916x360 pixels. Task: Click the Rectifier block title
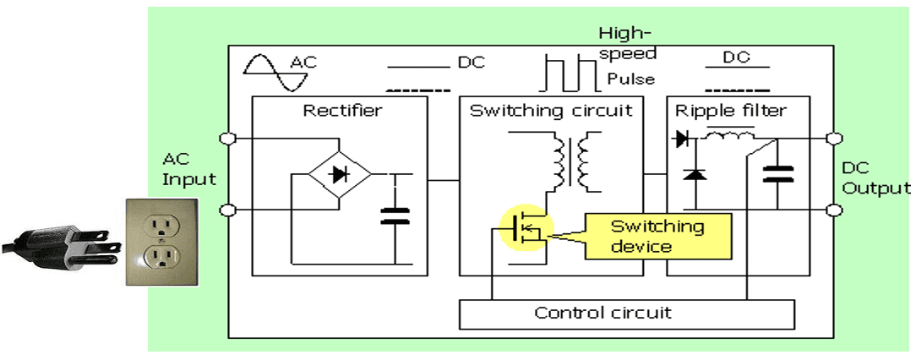coord(342,111)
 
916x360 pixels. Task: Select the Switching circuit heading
coord(550,111)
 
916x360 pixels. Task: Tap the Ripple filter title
coord(731,111)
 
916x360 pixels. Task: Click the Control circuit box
coord(626,314)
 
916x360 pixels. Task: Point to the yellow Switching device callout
coord(657,237)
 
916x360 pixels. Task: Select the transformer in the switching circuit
coord(578,160)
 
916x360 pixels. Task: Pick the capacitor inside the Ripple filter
coord(777,174)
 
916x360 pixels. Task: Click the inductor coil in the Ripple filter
coord(729,135)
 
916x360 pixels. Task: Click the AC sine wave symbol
coord(265,71)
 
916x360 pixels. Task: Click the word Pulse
coord(630,79)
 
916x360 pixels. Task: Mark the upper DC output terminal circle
coord(834,138)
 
